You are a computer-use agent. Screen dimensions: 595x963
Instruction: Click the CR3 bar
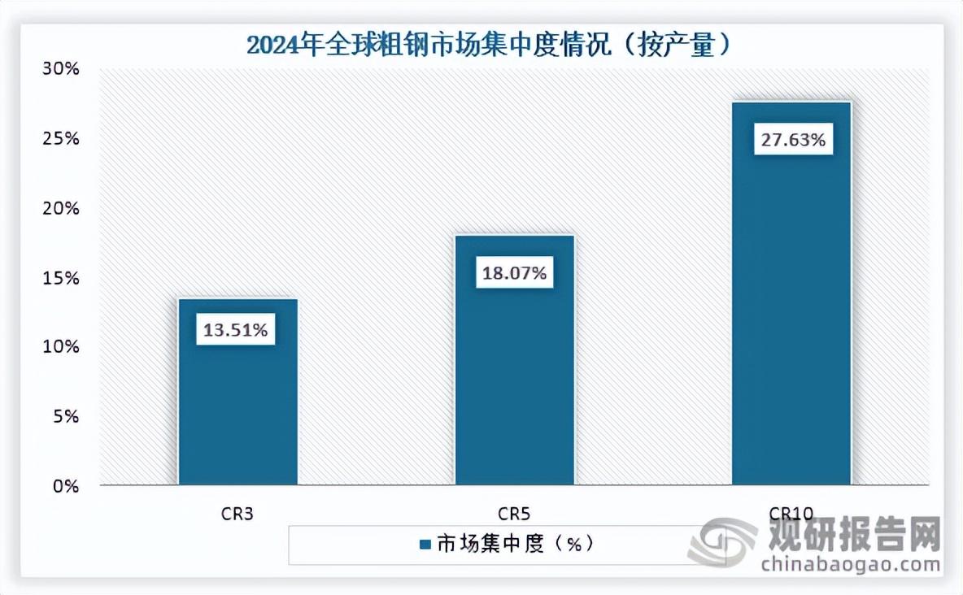(x=237, y=406)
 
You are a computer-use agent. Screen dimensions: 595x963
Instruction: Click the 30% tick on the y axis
(x=62, y=69)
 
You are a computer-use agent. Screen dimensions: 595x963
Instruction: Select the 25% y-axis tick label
(x=62, y=139)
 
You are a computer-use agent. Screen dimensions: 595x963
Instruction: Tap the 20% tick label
(x=62, y=209)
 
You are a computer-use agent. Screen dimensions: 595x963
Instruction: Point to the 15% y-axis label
(x=62, y=278)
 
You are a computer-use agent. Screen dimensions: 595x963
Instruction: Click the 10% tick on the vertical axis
(x=62, y=347)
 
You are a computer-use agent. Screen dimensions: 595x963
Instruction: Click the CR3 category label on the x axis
(x=237, y=513)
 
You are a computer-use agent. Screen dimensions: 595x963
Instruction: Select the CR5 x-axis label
(x=514, y=513)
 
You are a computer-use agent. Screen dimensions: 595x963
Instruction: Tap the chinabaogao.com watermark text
(x=849, y=564)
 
